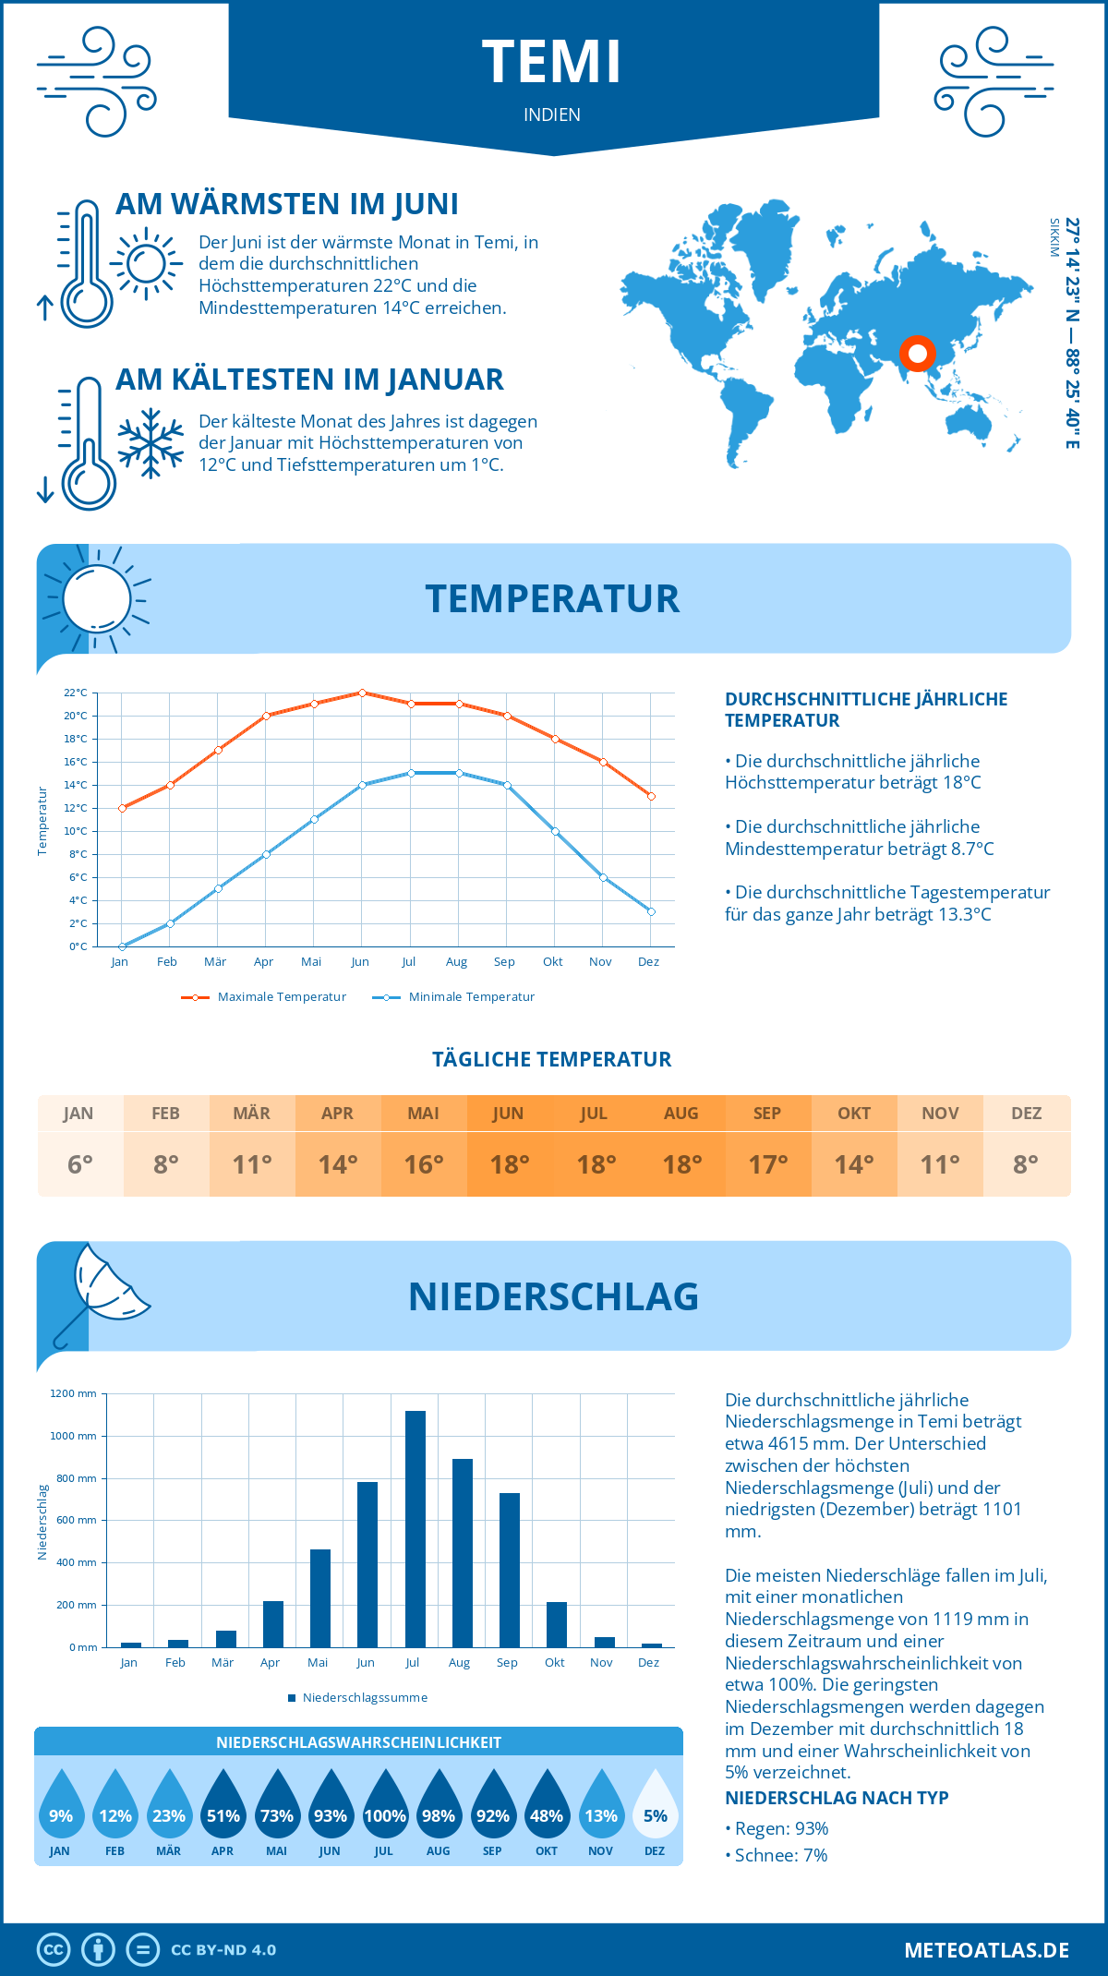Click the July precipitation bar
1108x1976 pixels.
(415, 1529)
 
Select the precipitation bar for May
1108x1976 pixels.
(320, 1598)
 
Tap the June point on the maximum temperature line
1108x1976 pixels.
(362, 693)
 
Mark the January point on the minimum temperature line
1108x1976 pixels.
(122, 946)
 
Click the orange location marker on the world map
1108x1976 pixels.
(918, 354)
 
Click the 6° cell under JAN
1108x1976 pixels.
(80, 1164)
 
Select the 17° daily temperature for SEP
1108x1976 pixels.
(768, 1164)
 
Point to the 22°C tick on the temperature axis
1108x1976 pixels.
(76, 693)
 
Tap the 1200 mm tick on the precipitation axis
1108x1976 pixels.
(74, 1393)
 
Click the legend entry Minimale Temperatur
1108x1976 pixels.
(471, 997)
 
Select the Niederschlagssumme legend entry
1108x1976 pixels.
(365, 1698)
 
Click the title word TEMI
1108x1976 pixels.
(552, 63)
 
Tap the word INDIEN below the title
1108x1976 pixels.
(552, 114)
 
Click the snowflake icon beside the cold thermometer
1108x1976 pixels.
(151, 443)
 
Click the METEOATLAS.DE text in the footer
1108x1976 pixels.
(986, 1950)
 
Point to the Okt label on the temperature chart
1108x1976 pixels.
(552, 962)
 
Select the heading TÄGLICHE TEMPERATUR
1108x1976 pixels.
(552, 1059)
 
